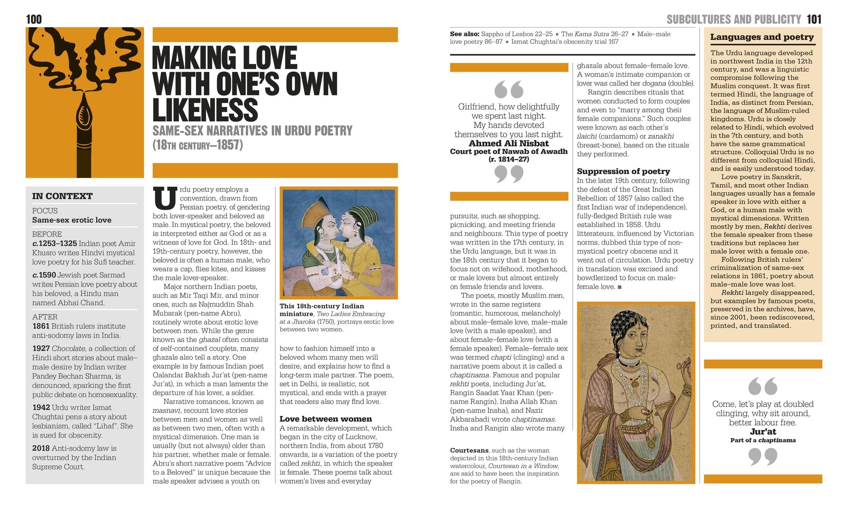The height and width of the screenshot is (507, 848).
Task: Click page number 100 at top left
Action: click(34, 19)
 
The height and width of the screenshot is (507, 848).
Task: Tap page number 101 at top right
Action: click(814, 19)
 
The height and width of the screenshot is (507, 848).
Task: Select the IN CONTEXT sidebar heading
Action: click(62, 196)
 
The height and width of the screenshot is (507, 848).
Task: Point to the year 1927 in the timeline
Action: click(41, 348)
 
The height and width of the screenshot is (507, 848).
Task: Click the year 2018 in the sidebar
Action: click(41, 448)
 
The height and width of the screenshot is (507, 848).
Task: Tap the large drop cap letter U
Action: click(165, 198)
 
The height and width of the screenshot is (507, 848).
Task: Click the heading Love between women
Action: click(325, 419)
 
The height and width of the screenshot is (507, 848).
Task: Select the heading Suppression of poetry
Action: click(623, 171)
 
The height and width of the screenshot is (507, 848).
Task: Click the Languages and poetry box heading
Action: click(762, 37)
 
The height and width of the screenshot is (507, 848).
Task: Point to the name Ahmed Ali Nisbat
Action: click(509, 143)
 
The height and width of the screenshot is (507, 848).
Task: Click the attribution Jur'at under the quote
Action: click(763, 431)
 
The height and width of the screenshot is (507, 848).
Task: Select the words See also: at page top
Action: click(464, 34)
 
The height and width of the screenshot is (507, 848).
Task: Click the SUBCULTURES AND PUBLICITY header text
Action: click(734, 19)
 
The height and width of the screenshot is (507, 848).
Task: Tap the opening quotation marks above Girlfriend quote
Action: click(509, 90)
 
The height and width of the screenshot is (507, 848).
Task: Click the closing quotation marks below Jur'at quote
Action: click(763, 457)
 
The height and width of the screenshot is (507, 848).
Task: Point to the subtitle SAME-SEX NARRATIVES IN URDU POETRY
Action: click(252, 131)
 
